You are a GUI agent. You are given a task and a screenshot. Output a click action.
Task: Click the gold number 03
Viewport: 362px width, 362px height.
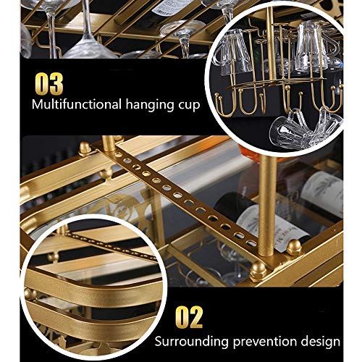49,84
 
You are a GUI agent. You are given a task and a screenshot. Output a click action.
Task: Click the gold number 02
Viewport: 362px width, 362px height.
189,316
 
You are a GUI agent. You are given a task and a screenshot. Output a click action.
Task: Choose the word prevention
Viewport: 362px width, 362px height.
269,342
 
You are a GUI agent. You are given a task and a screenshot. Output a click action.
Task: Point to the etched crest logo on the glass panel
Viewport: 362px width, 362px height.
121,206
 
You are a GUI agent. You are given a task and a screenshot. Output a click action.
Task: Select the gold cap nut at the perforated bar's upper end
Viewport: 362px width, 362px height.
85,146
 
